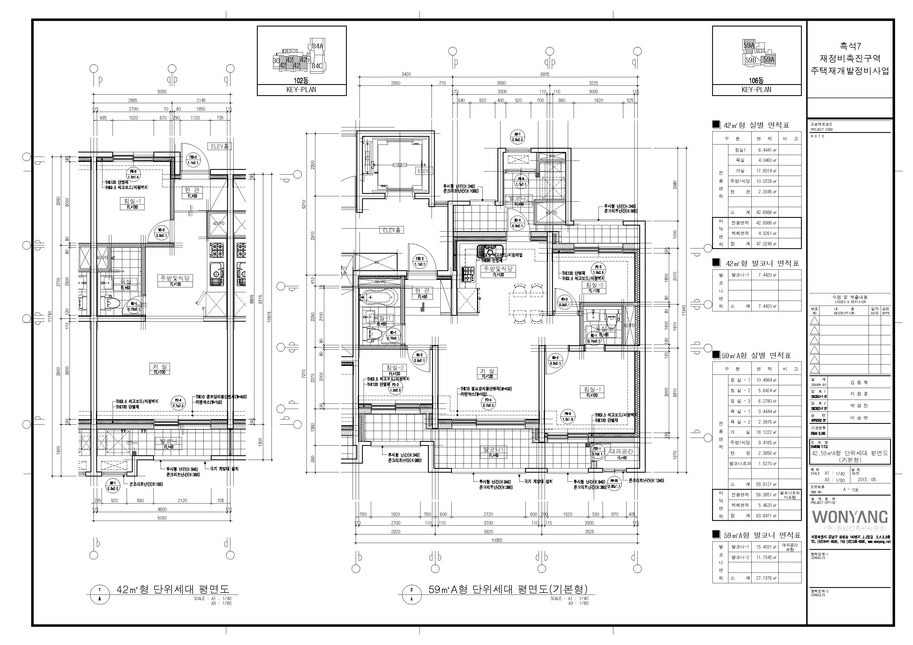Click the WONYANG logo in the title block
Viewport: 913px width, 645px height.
pos(849,517)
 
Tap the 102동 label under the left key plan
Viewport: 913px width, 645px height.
pos(301,80)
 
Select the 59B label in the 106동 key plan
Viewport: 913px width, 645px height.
pos(750,60)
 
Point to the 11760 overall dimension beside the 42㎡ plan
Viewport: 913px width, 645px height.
pos(50,316)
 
